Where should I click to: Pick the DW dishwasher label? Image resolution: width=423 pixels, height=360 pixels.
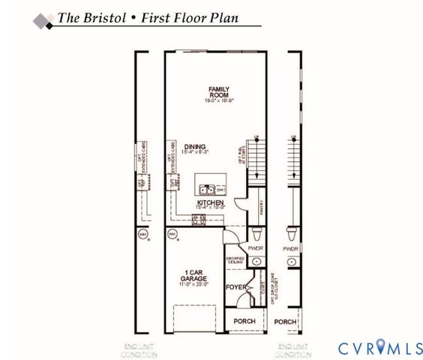click(x=220, y=190)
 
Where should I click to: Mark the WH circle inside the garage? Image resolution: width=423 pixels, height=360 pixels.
click(x=172, y=235)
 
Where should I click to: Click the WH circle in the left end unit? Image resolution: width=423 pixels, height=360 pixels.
click(x=142, y=235)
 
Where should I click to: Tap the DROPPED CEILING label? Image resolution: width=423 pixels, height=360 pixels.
click(x=235, y=261)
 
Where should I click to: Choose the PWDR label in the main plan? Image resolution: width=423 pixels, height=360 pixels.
click(x=255, y=247)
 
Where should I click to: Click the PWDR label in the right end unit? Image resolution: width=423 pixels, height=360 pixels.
click(x=291, y=248)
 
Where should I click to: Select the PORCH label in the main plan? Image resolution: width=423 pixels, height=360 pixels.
click(x=244, y=322)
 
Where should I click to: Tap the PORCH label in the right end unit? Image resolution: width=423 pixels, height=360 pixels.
click(x=285, y=322)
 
